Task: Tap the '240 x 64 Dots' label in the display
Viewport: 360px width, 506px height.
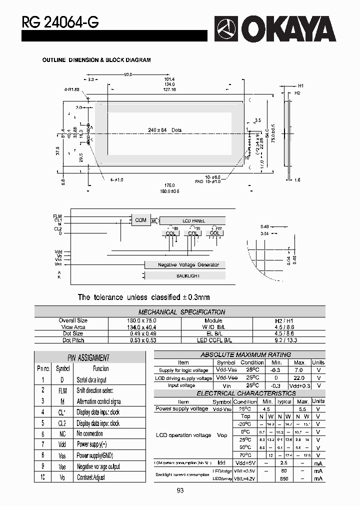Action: coord(164,130)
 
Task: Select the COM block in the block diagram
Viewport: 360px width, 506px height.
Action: coord(141,220)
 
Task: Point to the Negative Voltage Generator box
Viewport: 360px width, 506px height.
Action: coord(184,265)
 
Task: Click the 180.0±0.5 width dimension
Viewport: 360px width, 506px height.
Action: coord(169,191)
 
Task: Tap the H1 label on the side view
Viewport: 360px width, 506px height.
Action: coord(301,86)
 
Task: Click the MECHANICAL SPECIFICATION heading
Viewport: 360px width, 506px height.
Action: coord(181,312)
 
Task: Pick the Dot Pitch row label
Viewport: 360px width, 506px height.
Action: coord(73,340)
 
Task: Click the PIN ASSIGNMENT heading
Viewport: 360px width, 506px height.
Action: coord(88,358)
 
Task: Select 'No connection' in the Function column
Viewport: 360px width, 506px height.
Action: coord(90,434)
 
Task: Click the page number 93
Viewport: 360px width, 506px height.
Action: coord(180,491)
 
